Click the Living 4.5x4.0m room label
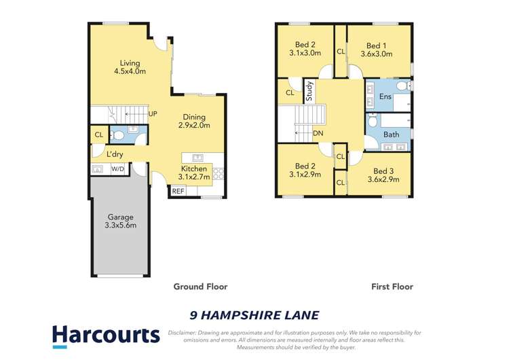[x=130, y=67]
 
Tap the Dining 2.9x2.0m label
[x=194, y=120]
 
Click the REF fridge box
[x=178, y=192]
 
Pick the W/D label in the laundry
[x=117, y=168]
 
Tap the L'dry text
[x=115, y=154]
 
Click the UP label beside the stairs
[x=153, y=113]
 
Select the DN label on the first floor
[x=318, y=134]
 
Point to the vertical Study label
[x=309, y=91]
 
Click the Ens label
[x=385, y=97]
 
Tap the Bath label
[x=391, y=134]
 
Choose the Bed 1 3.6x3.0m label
[x=376, y=48]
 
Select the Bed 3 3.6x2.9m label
[x=383, y=175]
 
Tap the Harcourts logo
[x=106, y=336]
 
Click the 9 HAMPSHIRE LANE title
[x=253, y=314]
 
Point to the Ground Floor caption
[x=200, y=287]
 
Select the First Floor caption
[x=392, y=287]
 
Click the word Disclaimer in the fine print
[x=185, y=333]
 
